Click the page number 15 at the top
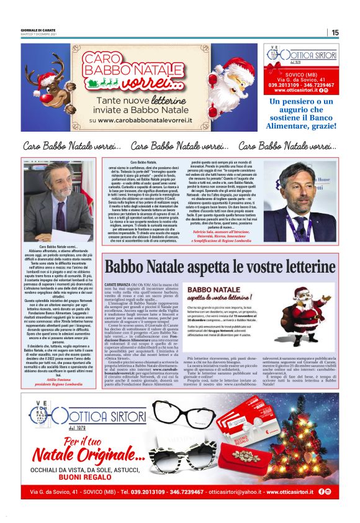(335, 32)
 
